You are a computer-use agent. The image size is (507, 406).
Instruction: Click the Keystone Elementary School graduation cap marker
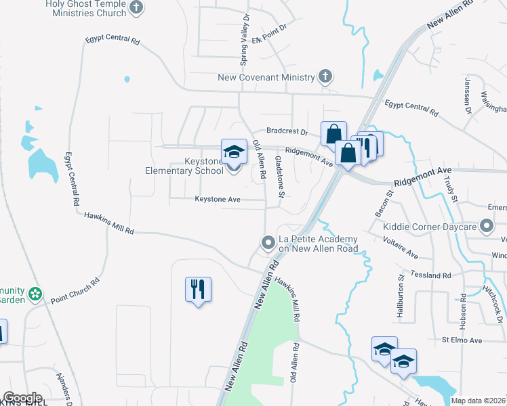tap(234, 152)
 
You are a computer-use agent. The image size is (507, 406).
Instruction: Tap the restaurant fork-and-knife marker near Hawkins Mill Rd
tap(198, 290)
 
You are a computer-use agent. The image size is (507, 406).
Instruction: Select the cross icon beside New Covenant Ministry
tap(326, 76)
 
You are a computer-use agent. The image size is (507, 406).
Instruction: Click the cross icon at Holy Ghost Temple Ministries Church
tap(137, 8)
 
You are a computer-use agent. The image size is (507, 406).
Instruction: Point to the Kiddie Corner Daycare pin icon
tap(486, 226)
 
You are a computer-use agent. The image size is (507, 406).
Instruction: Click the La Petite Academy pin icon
tap(268, 242)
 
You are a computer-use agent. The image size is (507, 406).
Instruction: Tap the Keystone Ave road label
tap(218, 199)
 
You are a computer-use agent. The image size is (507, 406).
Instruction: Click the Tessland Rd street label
tap(434, 275)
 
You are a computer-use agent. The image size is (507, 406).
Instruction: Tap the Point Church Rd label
tap(75, 290)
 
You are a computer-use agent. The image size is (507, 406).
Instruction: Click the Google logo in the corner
tap(22, 398)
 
